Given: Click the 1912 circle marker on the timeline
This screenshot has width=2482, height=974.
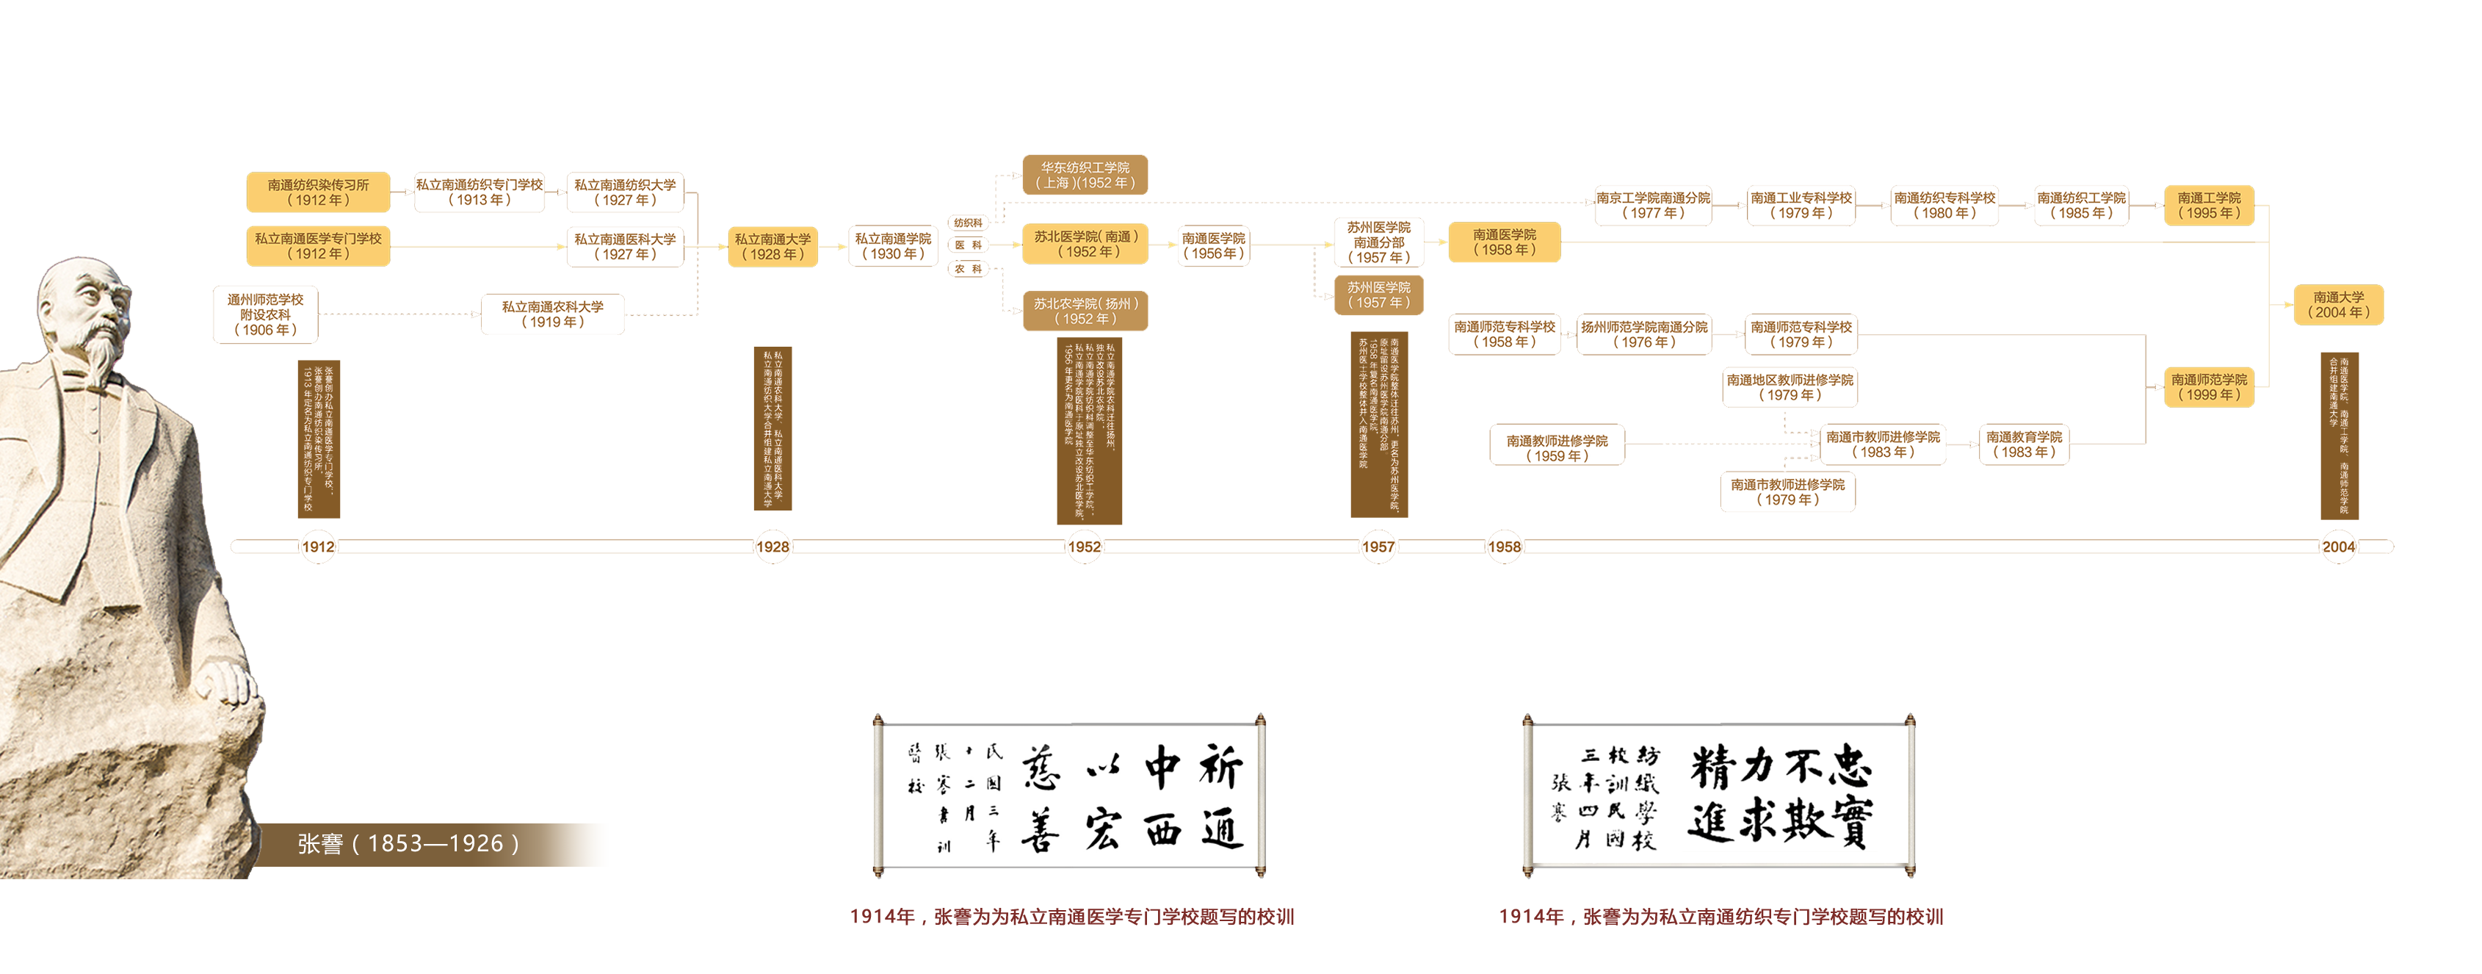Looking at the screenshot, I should tap(318, 547).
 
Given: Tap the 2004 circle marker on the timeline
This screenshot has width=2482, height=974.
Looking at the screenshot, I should tap(2337, 547).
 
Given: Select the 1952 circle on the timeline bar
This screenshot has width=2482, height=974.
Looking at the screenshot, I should tap(1083, 547).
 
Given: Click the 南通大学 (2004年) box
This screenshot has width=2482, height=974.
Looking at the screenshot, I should tap(2337, 304).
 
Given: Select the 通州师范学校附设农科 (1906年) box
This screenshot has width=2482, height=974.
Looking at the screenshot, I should tap(265, 315).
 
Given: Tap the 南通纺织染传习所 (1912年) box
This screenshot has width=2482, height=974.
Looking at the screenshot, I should tap(318, 192).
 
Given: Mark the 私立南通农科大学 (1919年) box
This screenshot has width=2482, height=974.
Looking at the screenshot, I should tap(552, 314).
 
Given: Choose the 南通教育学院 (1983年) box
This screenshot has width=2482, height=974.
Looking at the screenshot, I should tap(2023, 444).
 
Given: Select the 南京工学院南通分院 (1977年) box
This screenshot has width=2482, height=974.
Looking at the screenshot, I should tap(1652, 205).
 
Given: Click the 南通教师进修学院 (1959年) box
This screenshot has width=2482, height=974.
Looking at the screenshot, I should tap(1556, 448).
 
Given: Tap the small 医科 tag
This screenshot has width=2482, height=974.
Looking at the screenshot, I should tap(969, 245).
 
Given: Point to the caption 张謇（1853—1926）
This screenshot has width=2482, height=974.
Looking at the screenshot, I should tap(408, 844).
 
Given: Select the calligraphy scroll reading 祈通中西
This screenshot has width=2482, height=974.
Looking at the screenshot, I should tap(1068, 796).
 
